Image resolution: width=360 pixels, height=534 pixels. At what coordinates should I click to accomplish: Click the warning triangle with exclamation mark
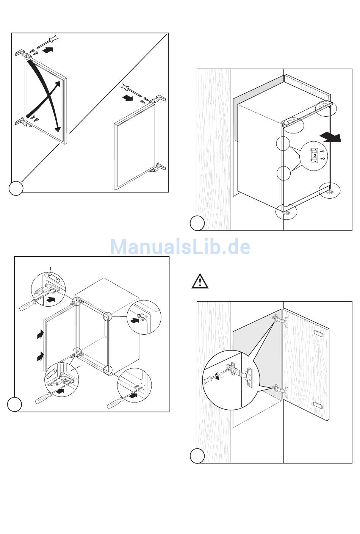pos(199,281)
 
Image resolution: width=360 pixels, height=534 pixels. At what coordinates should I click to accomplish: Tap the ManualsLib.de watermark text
pos(180,247)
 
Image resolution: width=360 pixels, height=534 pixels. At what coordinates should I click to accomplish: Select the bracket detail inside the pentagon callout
pos(314,155)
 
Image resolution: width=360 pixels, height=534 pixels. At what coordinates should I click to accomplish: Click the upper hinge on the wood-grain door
pos(281,321)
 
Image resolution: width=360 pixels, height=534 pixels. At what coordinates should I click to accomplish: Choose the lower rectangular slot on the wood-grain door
pos(318,406)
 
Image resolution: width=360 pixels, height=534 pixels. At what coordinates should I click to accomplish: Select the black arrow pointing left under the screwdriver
pos(128,98)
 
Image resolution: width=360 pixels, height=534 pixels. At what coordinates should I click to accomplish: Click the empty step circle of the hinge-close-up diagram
pos(197,456)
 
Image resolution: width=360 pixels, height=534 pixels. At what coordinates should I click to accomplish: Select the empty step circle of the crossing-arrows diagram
pos(16,188)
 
